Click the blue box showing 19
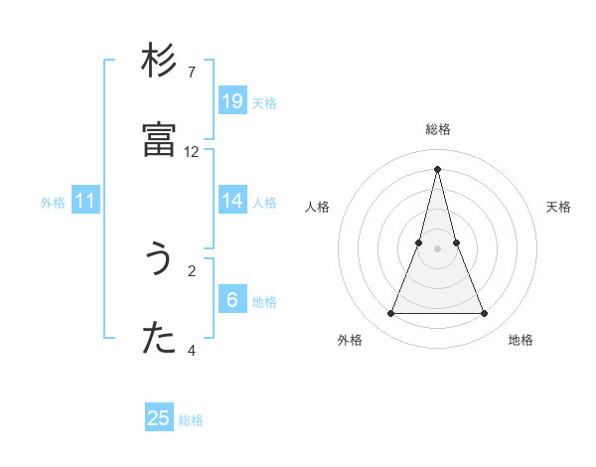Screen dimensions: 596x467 (232, 101)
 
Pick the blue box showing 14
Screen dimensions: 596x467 (232, 201)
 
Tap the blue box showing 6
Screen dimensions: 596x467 (232, 300)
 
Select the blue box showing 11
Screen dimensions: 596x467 (85, 201)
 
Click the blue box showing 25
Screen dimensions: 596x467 (159, 418)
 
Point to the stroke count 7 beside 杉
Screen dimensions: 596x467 (192, 73)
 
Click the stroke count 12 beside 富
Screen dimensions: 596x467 (192, 152)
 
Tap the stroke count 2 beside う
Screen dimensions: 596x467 (192, 270)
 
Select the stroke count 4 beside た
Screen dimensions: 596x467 (192, 350)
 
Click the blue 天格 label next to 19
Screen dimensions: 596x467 (264, 103)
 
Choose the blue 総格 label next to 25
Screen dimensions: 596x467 (191, 420)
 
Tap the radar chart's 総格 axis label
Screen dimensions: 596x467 (438, 129)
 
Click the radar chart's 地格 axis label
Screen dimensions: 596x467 (521, 340)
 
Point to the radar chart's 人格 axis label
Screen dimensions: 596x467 (317, 207)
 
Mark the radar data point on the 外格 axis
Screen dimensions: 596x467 (390, 314)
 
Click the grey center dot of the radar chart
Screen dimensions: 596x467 (437, 248)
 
